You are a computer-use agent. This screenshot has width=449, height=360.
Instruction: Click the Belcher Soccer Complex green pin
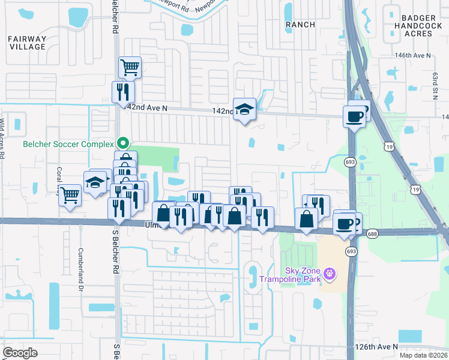point(123,143)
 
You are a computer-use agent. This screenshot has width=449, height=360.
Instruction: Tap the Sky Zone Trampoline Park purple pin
point(328,274)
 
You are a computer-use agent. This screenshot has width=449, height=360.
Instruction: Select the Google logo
point(20,353)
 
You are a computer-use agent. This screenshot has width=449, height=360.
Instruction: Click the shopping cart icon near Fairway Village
point(130,67)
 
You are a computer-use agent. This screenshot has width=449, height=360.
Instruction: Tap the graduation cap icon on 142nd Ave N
point(244,109)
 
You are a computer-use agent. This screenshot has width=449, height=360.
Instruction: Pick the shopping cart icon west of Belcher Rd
point(70,194)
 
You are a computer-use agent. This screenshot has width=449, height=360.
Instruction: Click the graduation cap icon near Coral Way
point(95,182)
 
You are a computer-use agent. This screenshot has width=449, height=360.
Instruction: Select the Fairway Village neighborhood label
point(27,43)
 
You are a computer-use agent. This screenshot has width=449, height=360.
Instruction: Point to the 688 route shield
point(374,234)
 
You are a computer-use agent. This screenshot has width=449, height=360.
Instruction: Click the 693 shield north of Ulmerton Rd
point(350,161)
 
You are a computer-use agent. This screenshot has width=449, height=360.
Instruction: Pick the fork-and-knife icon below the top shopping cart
point(124,92)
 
